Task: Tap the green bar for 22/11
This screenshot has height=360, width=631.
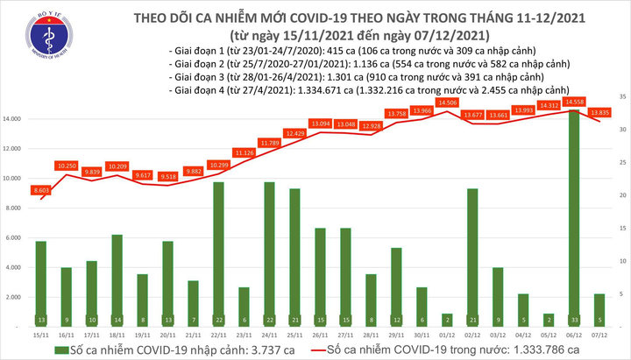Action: coord(219,254)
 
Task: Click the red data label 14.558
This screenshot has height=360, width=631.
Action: coord(576,102)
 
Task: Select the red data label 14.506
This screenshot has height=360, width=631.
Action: coord(447,102)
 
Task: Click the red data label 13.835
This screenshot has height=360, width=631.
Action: coord(601,112)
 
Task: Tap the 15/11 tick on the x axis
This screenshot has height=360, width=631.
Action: coord(41,335)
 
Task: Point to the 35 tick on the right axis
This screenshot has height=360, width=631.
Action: coord(620,95)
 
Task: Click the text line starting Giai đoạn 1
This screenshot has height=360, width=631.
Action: coord(351,53)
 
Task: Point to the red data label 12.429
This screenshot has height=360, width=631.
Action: coord(295,132)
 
